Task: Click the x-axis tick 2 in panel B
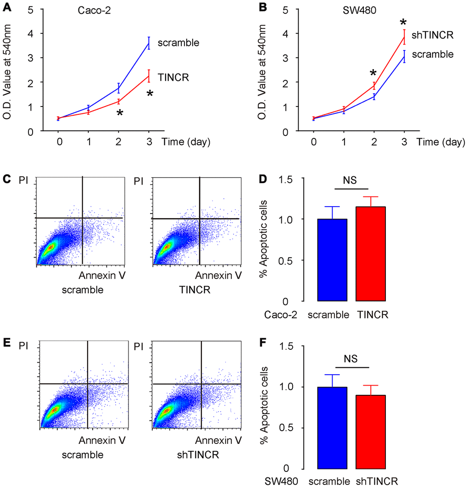click(x=374, y=142)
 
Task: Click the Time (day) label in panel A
click(x=186, y=142)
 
